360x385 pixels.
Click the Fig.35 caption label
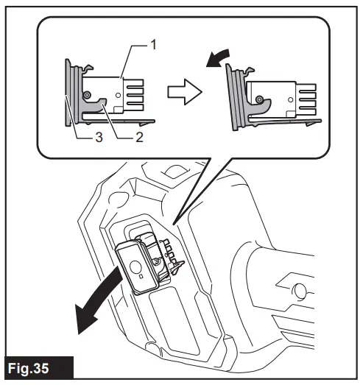pyautogui.click(x=37, y=368)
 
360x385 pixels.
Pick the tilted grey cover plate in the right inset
pyautogui.click(x=237, y=99)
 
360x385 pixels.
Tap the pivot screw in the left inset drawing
pyautogui.click(x=88, y=96)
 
